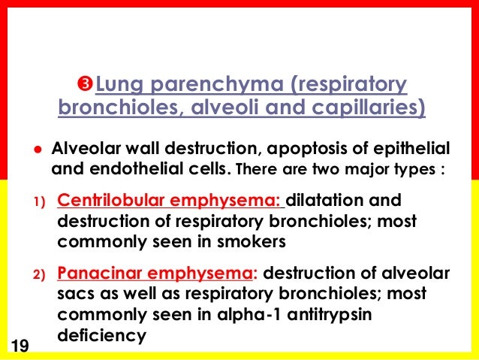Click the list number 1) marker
coord(38,201)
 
